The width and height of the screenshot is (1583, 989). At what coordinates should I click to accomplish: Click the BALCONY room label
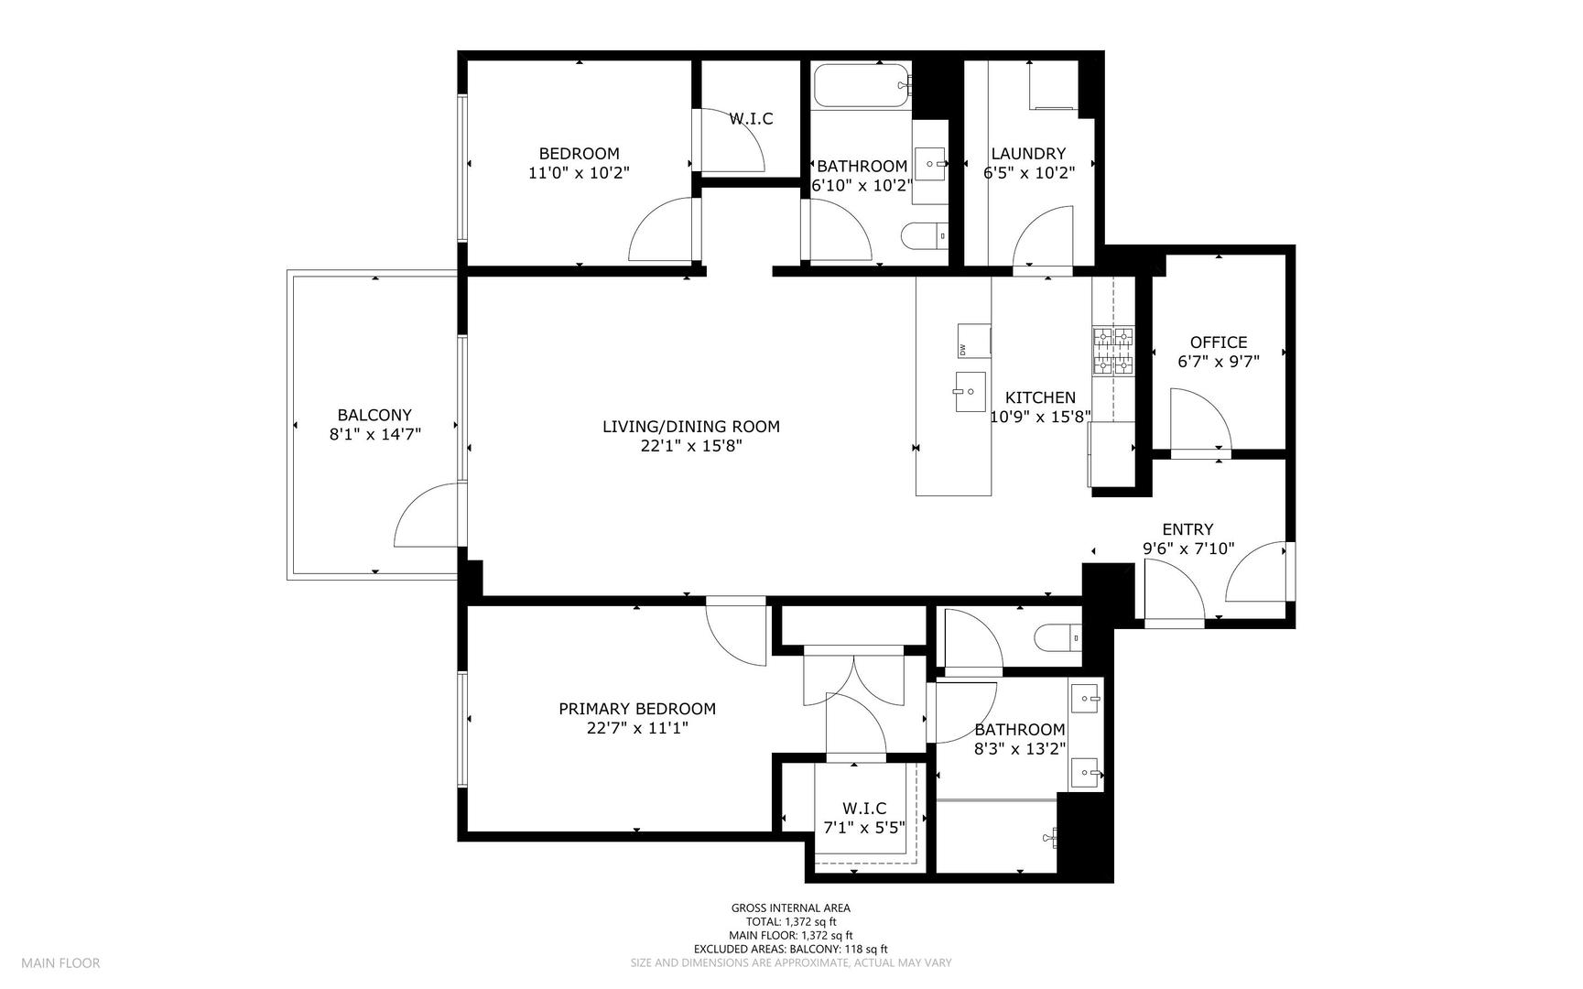374,415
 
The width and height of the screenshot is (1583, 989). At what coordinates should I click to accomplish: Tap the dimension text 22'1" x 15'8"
691,447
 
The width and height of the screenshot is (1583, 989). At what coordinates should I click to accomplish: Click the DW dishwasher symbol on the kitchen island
973,341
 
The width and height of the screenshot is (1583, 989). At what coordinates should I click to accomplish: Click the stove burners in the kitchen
1112,352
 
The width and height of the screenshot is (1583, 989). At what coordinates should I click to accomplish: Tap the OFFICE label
1218,342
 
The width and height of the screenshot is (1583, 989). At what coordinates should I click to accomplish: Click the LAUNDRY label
1028,154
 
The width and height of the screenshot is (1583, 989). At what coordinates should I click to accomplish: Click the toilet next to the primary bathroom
1057,637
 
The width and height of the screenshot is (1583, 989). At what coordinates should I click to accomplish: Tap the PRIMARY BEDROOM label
637,709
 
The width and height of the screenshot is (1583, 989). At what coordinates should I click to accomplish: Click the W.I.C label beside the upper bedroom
751,119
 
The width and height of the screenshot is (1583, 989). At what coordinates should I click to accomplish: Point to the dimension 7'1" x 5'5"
864,828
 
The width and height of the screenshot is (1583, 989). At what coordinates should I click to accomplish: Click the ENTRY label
1187,529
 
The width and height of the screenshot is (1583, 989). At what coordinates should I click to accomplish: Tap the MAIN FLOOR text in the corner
60,962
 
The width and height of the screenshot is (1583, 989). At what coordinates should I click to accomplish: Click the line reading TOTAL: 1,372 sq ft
791,922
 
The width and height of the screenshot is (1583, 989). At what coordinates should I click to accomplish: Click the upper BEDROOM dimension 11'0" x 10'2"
579,172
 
